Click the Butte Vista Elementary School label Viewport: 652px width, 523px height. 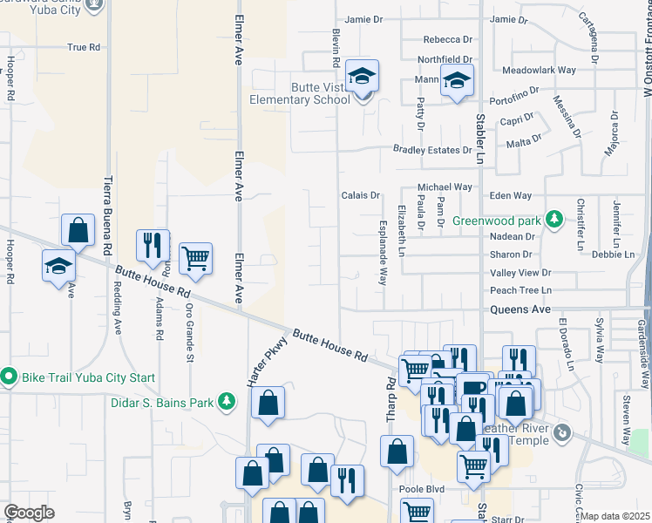pos(319,93)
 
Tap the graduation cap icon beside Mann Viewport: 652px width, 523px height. pos(455,81)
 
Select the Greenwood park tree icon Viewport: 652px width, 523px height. pos(552,217)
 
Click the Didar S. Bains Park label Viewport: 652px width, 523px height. pos(161,403)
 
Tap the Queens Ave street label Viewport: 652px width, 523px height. pos(520,309)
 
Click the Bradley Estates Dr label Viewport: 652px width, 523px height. pos(431,150)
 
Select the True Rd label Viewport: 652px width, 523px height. pos(84,47)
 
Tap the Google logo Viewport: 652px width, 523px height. pos(29,513)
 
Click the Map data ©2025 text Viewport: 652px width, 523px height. pos(615,516)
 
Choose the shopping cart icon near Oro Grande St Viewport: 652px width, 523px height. pos(196,257)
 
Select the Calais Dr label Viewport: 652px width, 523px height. pos(361,196)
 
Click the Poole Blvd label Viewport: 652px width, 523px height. pos(422,489)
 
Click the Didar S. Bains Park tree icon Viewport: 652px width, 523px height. pos(227,401)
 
